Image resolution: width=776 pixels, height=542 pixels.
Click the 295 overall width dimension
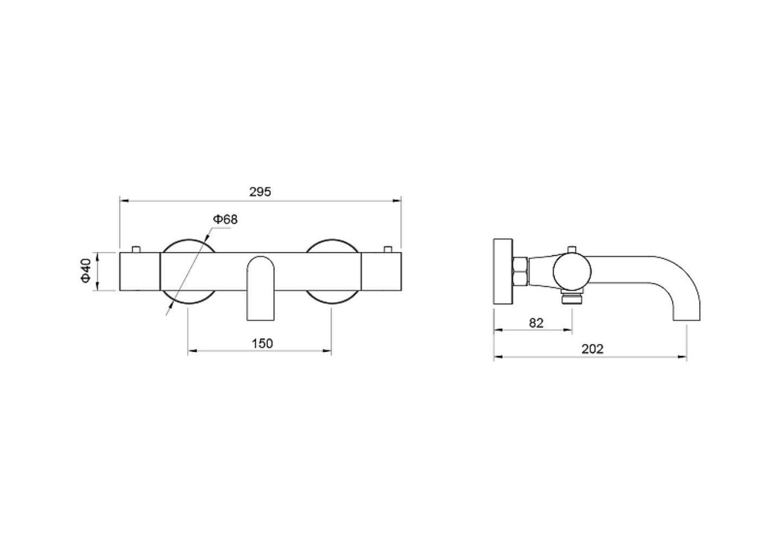coord(260,192)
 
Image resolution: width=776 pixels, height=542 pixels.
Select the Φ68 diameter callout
coord(225,219)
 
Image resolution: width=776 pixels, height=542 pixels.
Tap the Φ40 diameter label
coord(85,271)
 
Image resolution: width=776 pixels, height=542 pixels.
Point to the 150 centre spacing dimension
coord(262,343)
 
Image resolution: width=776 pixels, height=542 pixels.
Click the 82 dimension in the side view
coord(536,323)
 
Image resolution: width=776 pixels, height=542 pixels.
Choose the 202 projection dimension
coord(592,349)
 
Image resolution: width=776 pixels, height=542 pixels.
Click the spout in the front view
coord(260,288)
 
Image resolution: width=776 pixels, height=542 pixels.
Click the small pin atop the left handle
coord(136,249)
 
